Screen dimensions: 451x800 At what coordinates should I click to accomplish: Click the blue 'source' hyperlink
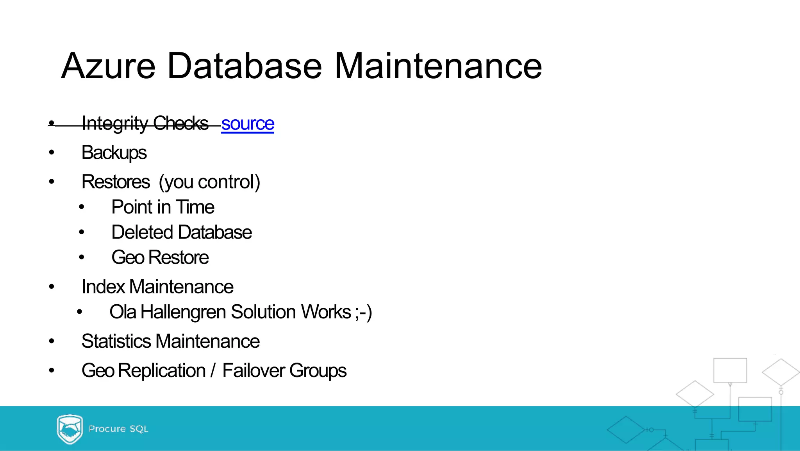[x=248, y=124]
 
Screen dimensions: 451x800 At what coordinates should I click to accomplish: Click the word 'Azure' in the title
[x=108, y=66]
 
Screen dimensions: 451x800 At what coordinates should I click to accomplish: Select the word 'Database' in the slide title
[x=245, y=66]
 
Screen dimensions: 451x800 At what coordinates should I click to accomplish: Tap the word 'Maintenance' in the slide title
[x=438, y=66]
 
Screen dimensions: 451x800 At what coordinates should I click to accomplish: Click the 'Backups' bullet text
[x=114, y=153]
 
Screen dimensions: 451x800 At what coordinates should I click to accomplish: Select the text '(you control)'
[x=209, y=182]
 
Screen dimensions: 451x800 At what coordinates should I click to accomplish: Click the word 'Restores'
[x=116, y=182]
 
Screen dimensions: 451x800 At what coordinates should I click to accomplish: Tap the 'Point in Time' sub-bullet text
[x=163, y=207]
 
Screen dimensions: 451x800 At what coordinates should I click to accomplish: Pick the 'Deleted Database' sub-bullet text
[x=182, y=232]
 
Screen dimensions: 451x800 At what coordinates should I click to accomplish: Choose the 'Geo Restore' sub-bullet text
[x=160, y=258]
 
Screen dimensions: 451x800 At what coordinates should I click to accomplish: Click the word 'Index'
[x=103, y=287]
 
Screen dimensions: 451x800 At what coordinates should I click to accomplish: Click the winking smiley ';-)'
[x=364, y=312]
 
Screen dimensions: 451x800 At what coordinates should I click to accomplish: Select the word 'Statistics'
[x=116, y=341]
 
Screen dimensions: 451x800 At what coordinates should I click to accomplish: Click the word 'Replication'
[x=162, y=370]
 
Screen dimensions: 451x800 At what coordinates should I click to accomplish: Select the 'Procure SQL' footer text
[x=118, y=429]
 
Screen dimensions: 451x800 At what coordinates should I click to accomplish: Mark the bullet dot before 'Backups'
[x=52, y=153]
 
